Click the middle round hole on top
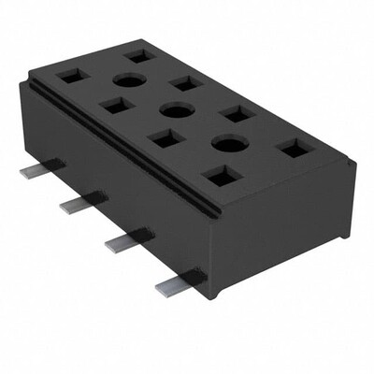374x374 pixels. pyautogui.click(x=176, y=110)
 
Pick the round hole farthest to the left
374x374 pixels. pyautogui.click(x=130, y=81)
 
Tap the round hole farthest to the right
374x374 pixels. pyautogui.click(x=228, y=143)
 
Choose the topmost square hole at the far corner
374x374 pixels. pyautogui.click(x=139, y=56)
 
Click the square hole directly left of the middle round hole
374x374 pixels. pyautogui.click(x=117, y=106)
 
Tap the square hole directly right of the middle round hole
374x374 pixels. pyautogui.click(x=237, y=113)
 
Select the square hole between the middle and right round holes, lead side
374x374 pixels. pyautogui.click(x=166, y=138)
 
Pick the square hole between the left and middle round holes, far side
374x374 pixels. pyautogui.click(x=186, y=83)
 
